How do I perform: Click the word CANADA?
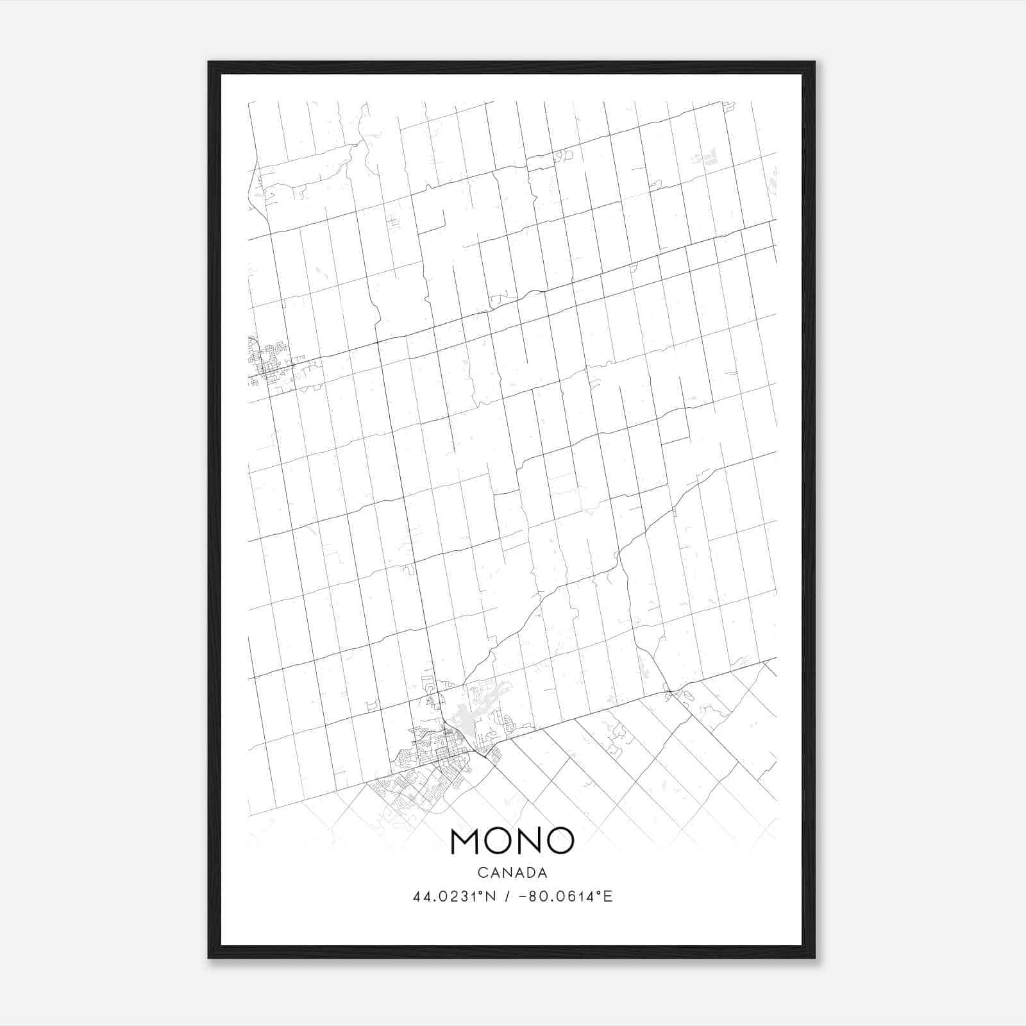[x=512, y=873]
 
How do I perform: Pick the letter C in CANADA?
[x=482, y=873]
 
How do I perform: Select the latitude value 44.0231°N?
[x=455, y=896]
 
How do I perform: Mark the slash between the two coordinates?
[x=508, y=896]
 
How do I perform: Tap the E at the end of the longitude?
[x=609, y=896]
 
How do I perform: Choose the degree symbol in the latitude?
[x=485, y=893]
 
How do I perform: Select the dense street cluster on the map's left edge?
[x=266, y=362]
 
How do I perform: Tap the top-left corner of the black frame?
[x=209, y=63]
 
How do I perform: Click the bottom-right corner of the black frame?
[x=814, y=957]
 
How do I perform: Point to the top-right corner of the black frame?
[x=814, y=63]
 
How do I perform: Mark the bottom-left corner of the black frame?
[x=209, y=957]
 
